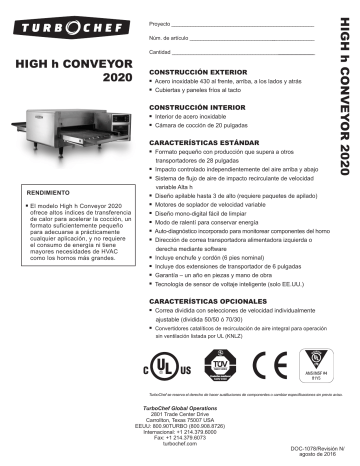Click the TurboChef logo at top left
point(71,21)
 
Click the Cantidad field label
point(162,50)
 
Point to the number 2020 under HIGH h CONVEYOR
point(118,77)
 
